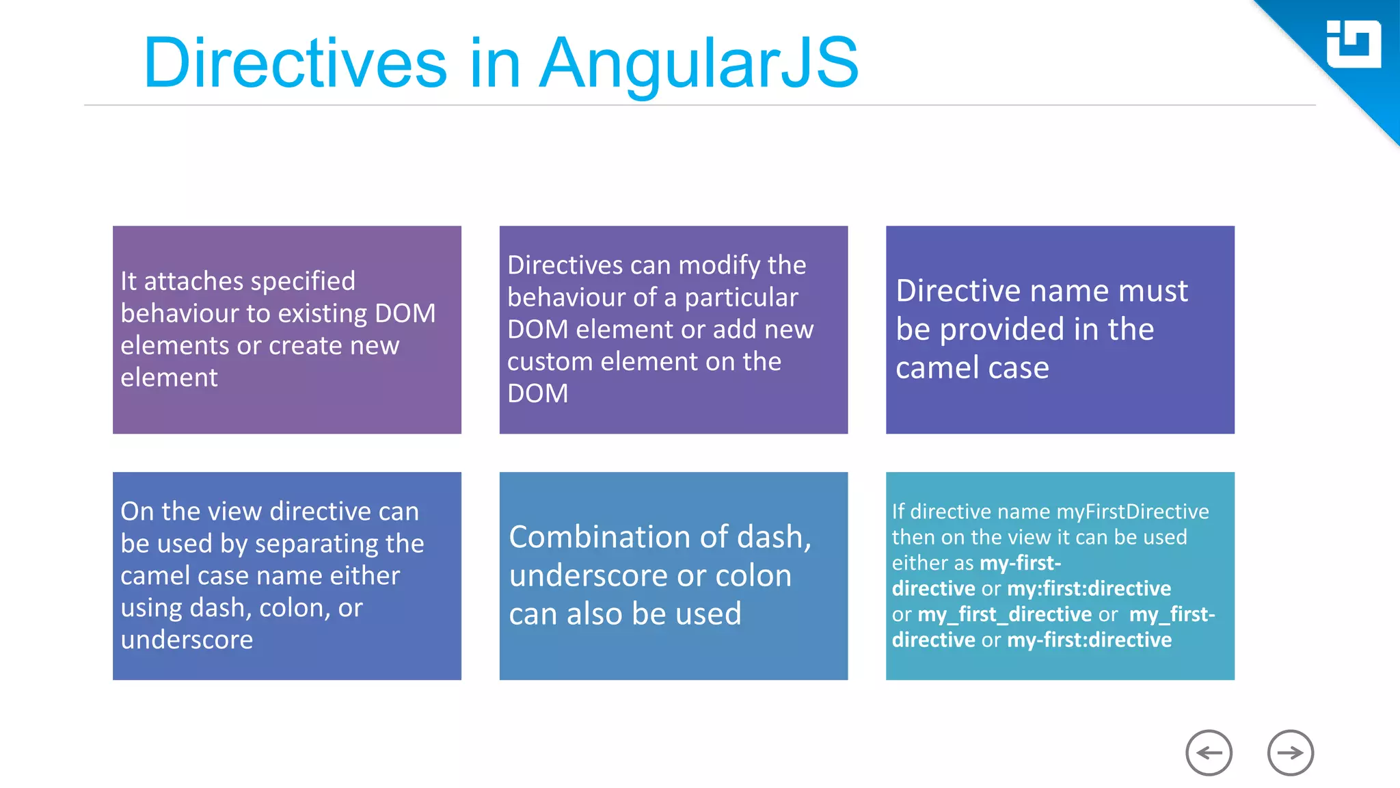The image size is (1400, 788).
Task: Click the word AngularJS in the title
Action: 699,64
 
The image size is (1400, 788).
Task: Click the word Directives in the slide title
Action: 295,64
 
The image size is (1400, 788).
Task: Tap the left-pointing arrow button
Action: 1209,753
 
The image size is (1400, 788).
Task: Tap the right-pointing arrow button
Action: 1290,753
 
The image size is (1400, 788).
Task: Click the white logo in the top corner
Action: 1353,44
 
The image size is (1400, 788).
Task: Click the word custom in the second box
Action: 550,362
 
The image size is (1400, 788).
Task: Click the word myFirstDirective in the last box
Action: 1132,512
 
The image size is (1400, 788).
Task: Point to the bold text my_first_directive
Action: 1004,614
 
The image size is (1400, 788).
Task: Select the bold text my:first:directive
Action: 1089,588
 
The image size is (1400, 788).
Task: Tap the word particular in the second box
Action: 741,298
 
